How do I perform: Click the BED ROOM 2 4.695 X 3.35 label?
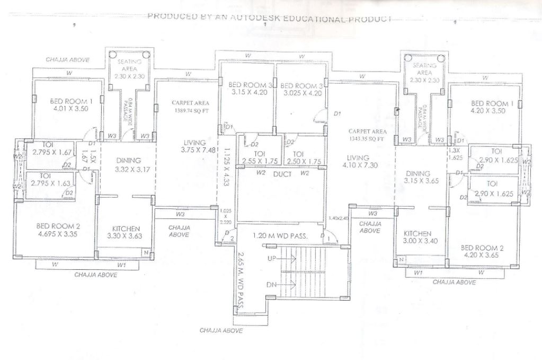coord(51,229)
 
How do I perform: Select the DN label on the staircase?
coord(272,285)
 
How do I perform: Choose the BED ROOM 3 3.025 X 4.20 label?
coord(300,89)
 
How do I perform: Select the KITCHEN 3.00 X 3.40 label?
coord(418,237)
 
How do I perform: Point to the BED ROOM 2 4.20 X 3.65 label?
coord(482,251)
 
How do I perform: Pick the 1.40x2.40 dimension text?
coord(339,218)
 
